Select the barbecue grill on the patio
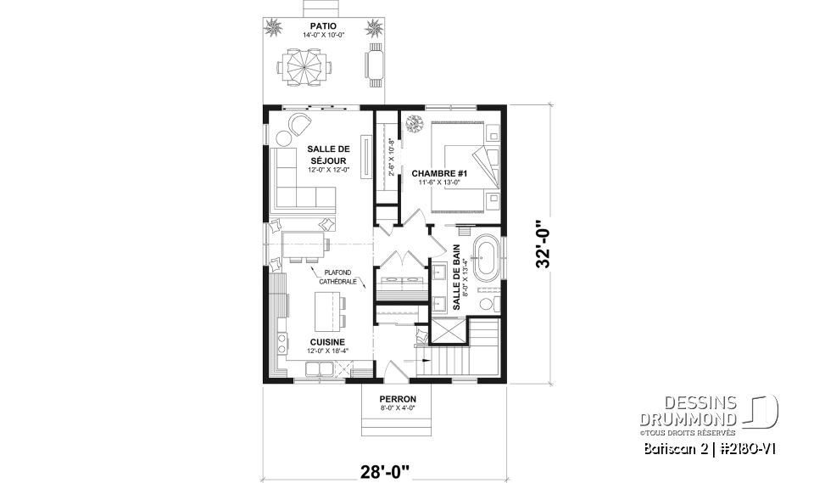(x=375, y=65)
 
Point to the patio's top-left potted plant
(x=276, y=30)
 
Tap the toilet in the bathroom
(x=487, y=304)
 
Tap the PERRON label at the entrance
(x=398, y=399)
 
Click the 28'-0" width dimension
(x=382, y=468)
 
